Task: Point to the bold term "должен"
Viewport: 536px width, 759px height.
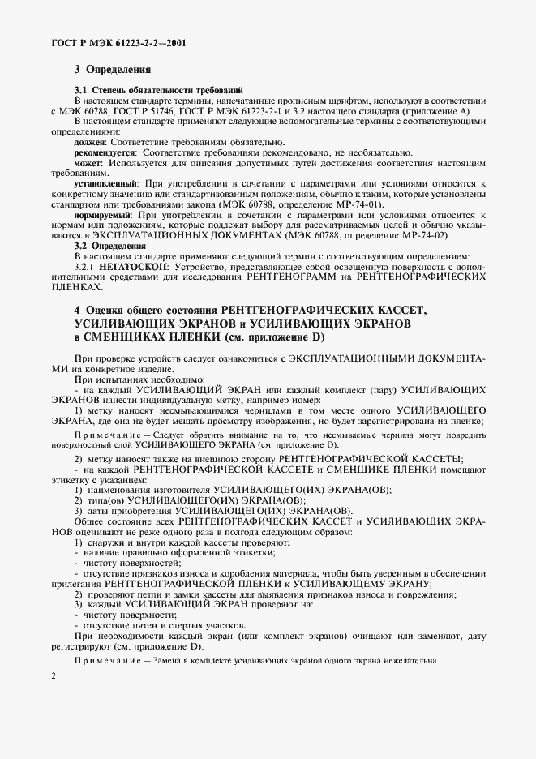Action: coord(89,141)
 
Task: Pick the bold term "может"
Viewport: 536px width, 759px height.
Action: coord(87,163)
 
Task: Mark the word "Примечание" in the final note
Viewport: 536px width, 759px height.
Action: coord(104,659)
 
